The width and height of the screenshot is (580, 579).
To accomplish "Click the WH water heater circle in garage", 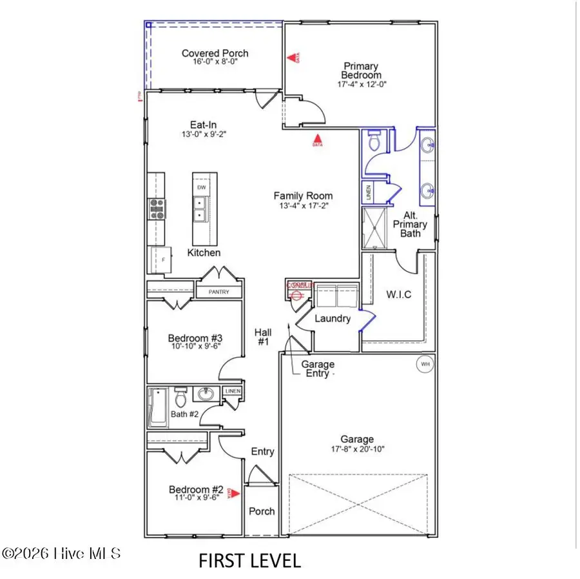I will point(425,364).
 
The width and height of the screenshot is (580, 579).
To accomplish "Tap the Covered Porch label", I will point(215,54).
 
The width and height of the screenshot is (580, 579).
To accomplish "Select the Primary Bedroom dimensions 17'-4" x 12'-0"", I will point(362,84).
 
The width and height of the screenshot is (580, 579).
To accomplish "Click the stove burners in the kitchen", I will point(157,208).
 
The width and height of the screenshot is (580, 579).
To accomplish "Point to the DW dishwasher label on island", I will point(202,188).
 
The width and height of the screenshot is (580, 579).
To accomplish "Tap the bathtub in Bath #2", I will point(158,408).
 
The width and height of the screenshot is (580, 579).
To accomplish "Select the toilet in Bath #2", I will point(180,394).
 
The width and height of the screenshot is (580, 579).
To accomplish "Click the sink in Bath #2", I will point(207,394).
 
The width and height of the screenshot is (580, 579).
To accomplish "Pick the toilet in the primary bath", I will point(372,141).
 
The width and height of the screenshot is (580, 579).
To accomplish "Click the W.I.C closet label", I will point(399,295).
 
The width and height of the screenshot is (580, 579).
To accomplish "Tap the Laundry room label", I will point(333,318).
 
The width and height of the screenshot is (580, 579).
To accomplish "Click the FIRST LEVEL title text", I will point(249,560).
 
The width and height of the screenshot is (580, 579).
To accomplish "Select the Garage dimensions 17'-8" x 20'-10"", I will point(357,449).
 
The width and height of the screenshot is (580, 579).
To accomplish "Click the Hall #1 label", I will point(263,336).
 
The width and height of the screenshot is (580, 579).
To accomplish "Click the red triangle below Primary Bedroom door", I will point(316,138).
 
